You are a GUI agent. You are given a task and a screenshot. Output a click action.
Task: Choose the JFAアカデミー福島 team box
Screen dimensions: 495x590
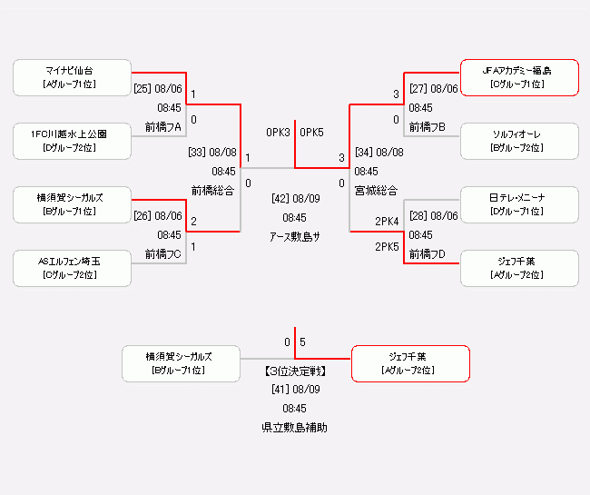click(x=519, y=77)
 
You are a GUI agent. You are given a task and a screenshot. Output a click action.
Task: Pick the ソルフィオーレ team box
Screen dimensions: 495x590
click(x=519, y=141)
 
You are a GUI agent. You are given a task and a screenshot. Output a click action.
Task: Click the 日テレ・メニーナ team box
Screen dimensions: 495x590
click(x=519, y=204)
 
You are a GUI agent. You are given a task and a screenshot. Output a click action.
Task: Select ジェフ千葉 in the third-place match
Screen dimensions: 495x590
click(x=410, y=363)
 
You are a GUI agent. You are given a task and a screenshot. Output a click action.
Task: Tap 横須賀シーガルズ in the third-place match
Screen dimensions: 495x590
click(x=181, y=363)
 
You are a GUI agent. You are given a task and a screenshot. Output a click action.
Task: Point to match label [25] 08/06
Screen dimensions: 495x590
click(x=158, y=89)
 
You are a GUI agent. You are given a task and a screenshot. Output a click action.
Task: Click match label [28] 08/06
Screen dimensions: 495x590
click(x=434, y=216)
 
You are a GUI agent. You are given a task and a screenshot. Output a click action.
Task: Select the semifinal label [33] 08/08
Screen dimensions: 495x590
click(x=212, y=153)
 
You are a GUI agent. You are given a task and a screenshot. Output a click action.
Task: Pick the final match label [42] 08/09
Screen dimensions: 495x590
click(x=295, y=198)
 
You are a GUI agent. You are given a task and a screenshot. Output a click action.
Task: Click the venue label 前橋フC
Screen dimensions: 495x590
click(x=163, y=254)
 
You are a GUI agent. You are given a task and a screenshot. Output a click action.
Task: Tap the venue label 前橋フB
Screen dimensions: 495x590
click(x=427, y=127)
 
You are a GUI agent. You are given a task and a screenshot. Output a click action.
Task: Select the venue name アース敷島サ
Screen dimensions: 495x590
click(x=295, y=237)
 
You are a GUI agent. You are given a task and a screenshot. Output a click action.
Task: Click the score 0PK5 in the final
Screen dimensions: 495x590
click(x=311, y=133)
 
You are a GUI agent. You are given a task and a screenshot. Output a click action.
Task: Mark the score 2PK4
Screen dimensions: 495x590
click(x=387, y=221)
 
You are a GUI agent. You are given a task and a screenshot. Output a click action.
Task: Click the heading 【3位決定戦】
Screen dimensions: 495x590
click(x=295, y=371)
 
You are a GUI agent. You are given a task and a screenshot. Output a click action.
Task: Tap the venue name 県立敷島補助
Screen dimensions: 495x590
click(x=295, y=427)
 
